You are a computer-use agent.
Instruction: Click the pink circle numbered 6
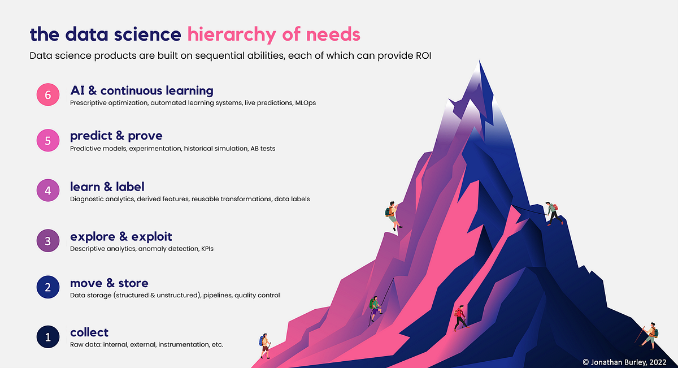[48, 94]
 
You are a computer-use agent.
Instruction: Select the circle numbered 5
[48, 141]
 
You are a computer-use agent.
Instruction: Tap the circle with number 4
[48, 191]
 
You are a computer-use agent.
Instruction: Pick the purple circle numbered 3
[48, 241]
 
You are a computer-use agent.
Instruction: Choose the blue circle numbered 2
[48, 288]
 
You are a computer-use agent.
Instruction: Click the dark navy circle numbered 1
[48, 337]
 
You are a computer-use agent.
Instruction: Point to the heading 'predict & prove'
[116, 136]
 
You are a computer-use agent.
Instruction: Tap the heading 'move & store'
[109, 283]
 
